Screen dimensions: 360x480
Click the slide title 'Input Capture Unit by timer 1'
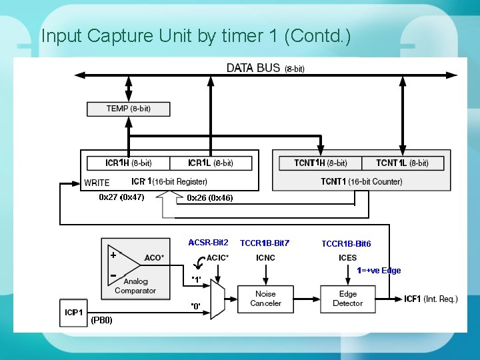[x=195, y=35]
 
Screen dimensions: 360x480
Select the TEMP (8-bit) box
[x=128, y=109]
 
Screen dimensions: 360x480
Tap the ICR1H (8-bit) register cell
[x=128, y=163]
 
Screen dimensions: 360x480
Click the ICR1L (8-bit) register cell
[x=211, y=163]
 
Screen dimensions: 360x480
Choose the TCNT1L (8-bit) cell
[x=402, y=163]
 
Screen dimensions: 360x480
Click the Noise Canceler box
[x=265, y=299]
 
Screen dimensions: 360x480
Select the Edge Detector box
[x=347, y=299]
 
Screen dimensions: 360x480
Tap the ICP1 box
[x=73, y=312]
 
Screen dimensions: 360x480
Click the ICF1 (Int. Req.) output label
[x=431, y=299]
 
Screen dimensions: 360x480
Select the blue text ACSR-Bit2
[x=208, y=243]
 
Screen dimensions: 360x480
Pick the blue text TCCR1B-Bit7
[x=265, y=243]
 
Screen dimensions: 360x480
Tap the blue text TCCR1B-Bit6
[x=346, y=244]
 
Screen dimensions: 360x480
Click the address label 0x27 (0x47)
[x=121, y=197]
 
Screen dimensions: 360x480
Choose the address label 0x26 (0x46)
[x=210, y=198]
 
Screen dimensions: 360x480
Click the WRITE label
[x=97, y=183]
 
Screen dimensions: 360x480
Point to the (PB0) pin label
[x=101, y=320]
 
